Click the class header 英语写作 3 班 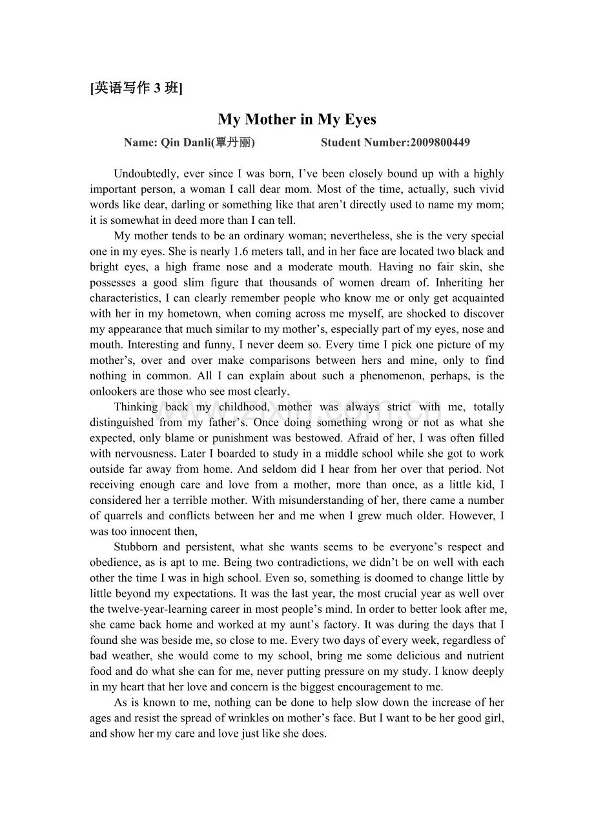coord(136,88)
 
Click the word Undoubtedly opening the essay coord(146,174)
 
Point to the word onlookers coord(114,391)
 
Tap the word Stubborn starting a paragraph coord(136,546)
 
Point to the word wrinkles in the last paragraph coord(300,717)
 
